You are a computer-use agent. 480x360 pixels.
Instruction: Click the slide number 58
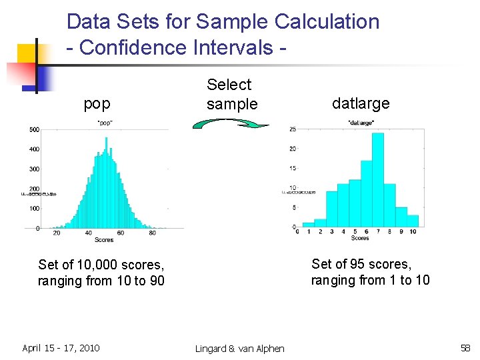coord(465,348)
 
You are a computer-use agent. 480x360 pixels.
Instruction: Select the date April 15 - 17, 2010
coord(61,348)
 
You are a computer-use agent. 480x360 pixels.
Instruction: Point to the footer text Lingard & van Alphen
coord(240,349)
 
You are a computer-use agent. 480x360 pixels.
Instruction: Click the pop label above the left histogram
coord(97,103)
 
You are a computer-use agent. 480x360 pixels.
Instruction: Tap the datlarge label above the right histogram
coord(361,103)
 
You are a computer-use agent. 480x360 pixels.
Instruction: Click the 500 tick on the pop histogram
coord(33,129)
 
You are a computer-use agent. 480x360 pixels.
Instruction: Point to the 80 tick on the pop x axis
coord(153,233)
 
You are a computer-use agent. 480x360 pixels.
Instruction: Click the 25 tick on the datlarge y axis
coord(293,129)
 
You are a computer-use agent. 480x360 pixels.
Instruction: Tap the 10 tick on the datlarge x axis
coord(413,232)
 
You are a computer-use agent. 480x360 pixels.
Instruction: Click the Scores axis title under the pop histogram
coord(104,239)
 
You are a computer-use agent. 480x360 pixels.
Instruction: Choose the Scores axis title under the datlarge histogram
coord(360,238)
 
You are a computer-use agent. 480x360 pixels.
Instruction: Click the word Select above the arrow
coord(229,85)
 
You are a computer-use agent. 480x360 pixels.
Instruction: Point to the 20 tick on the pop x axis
coord(57,233)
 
